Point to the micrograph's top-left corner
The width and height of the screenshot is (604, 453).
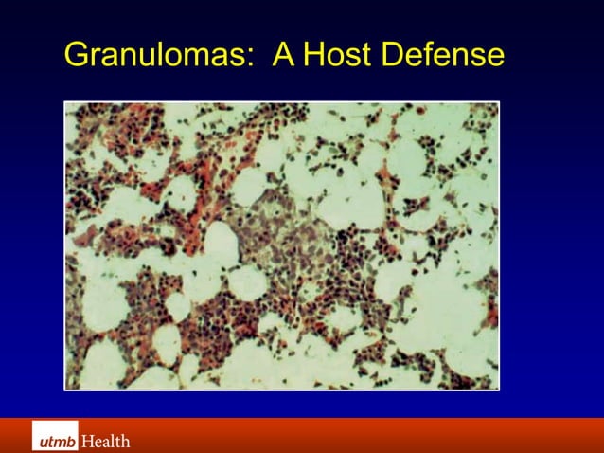[x=64, y=102]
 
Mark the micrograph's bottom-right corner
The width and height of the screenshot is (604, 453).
[x=498, y=390]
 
